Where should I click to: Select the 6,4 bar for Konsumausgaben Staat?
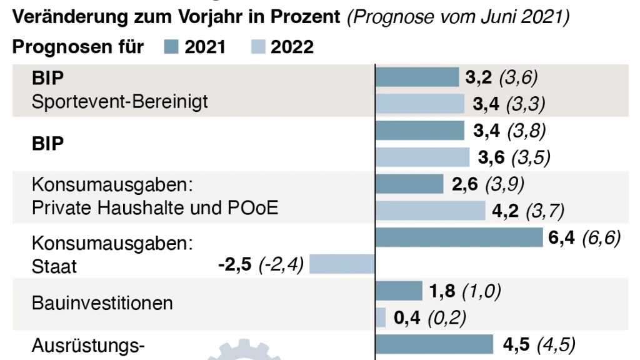click(x=459, y=237)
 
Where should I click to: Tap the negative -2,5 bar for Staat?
click(x=342, y=264)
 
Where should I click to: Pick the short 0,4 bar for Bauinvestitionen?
click(x=381, y=318)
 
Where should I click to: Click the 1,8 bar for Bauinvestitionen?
click(x=399, y=291)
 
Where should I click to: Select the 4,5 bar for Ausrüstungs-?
click(x=434, y=344)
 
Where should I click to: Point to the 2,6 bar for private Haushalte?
click(x=409, y=184)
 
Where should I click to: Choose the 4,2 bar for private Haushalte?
click(x=430, y=211)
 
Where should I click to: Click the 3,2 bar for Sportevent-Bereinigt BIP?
click(x=417, y=77)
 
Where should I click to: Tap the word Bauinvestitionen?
click(x=102, y=304)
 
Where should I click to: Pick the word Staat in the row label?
click(x=54, y=267)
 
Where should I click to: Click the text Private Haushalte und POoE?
click(x=155, y=208)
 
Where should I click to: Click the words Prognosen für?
click(x=78, y=47)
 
